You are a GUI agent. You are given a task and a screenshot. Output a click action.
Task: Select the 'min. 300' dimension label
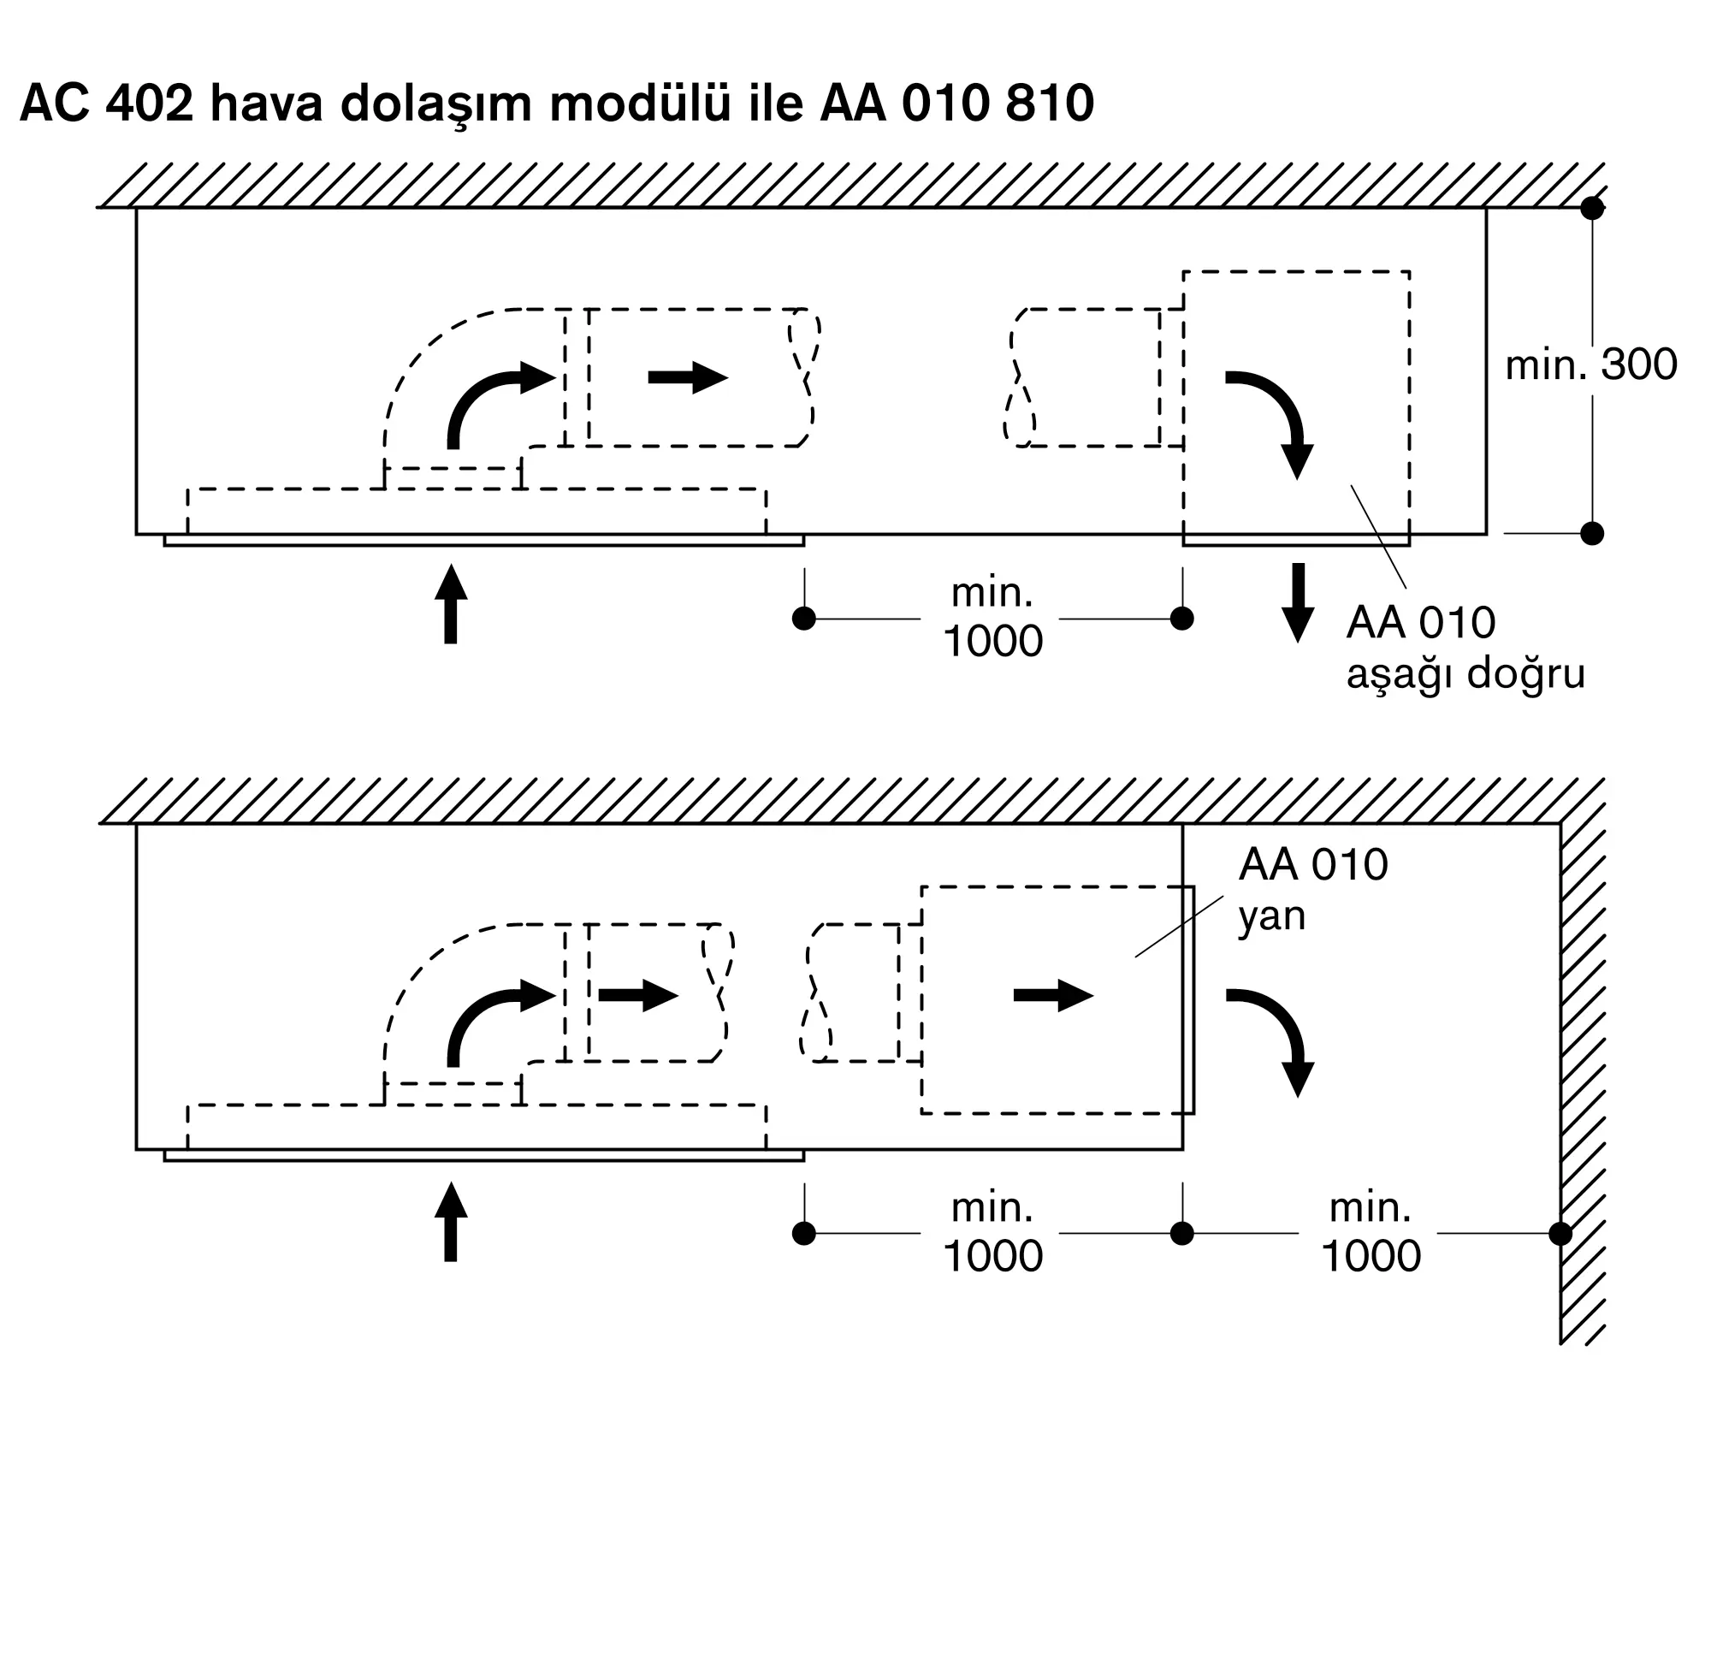pyautogui.click(x=1590, y=364)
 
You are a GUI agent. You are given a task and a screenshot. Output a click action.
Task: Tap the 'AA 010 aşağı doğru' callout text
pyautogui.click(x=1465, y=649)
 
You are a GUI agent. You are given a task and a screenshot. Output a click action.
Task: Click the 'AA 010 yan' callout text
pyautogui.click(x=1312, y=891)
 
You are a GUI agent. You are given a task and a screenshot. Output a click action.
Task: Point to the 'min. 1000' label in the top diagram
pyautogui.click(x=992, y=618)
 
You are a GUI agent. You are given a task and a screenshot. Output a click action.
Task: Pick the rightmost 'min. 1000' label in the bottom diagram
pyautogui.click(x=1371, y=1232)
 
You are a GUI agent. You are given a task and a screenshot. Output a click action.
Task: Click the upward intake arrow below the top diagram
pyautogui.click(x=451, y=604)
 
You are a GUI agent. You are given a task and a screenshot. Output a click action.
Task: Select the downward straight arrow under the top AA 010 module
pyautogui.click(x=1297, y=602)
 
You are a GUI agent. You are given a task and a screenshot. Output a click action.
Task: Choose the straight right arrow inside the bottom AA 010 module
pyautogui.click(x=1053, y=995)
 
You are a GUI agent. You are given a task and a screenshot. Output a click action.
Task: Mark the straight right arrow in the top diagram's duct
pyautogui.click(x=688, y=378)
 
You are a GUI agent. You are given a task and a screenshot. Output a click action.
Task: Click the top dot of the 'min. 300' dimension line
pyautogui.click(x=1592, y=209)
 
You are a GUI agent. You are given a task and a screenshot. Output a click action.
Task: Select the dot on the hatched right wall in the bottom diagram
pyautogui.click(x=1560, y=1234)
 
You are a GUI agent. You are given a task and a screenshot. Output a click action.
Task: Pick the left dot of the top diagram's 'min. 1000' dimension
pyautogui.click(x=804, y=619)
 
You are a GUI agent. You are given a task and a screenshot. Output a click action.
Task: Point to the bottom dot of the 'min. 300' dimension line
pyautogui.click(x=1592, y=534)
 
